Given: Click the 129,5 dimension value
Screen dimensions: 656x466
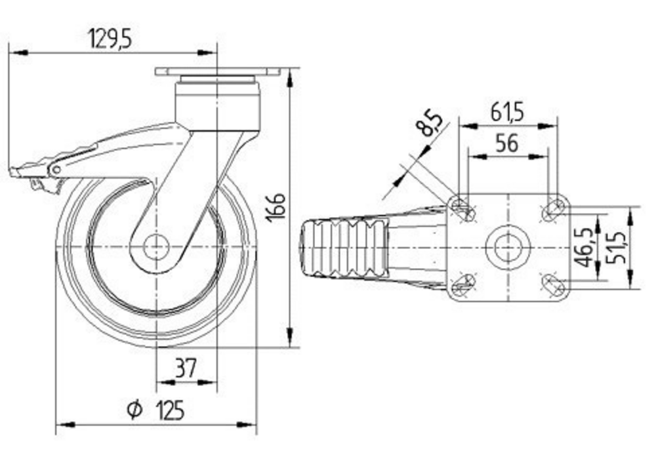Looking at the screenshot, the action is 110,39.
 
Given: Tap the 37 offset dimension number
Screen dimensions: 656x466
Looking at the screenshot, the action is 186,368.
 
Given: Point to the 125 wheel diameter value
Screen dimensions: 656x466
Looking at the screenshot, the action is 171,410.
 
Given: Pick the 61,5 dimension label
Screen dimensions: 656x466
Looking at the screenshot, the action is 506,112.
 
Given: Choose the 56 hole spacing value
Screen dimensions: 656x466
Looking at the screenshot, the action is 507,143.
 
